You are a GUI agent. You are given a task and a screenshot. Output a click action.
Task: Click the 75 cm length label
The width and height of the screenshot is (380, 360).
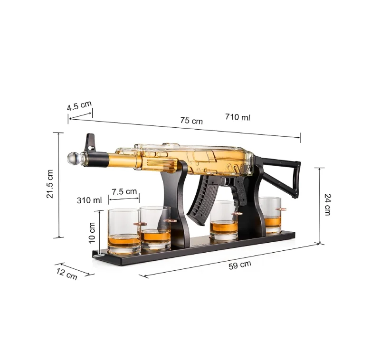point(191,121)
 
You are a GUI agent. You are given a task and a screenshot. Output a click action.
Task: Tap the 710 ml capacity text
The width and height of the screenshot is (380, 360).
point(237,117)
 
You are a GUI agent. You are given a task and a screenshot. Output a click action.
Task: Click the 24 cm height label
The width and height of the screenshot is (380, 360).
point(327,204)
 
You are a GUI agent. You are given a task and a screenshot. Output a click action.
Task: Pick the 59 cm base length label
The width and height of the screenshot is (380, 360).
point(240,265)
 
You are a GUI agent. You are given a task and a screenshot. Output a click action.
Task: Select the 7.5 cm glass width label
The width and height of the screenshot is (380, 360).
point(124,191)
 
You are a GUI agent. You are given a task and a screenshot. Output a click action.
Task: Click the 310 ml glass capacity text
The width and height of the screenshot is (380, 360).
point(89,200)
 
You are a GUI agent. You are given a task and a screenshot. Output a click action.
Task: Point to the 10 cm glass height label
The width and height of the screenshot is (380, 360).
point(92,233)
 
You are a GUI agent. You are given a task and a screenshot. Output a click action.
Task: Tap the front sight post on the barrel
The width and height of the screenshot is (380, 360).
point(89,141)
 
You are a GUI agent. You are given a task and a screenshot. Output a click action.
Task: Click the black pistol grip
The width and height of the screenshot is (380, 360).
point(244,196)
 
